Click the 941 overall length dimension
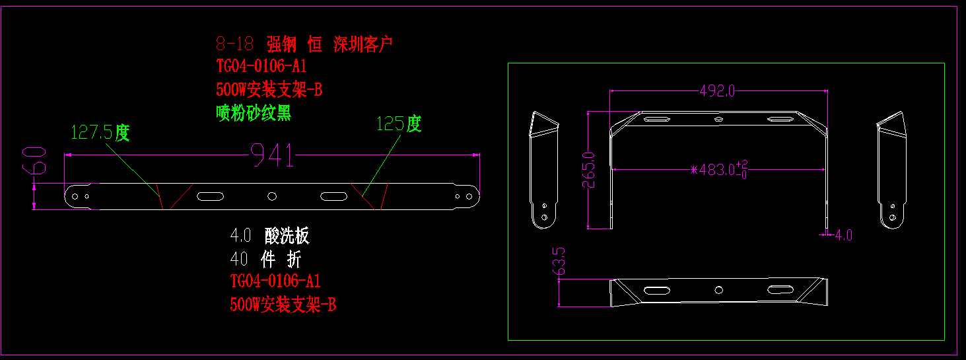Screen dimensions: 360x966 273,156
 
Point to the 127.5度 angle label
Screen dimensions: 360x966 100,133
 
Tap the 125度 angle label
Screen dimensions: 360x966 398,124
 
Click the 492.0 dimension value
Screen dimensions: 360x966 717,90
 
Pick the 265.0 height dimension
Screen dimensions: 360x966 589,170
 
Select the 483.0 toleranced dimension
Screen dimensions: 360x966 718,169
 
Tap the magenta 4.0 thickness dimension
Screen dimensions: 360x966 843,234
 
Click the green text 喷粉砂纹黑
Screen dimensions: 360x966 254,113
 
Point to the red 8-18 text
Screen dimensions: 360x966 234,44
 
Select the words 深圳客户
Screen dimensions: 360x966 363,44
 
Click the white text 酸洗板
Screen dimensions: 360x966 287,236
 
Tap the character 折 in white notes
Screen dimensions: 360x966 294,259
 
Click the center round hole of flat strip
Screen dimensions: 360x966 271,196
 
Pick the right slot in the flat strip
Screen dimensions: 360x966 333,196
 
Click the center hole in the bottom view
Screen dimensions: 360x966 719,289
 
